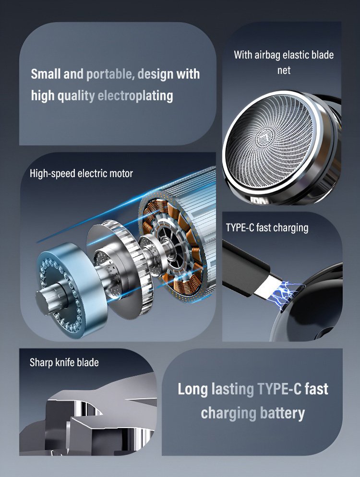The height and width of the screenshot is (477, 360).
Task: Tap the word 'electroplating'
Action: click(135, 95)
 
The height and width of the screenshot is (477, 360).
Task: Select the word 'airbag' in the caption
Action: click(267, 55)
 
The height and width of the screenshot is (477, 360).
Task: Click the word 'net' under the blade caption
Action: click(284, 71)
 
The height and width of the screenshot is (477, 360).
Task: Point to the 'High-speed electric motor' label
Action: click(81, 173)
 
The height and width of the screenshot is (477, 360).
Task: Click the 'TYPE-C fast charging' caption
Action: click(267, 227)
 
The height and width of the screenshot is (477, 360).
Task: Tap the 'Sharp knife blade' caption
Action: click(64, 362)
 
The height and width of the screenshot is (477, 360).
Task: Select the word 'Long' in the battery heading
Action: click(192, 389)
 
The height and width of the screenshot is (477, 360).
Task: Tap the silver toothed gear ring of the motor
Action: click(134, 268)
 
